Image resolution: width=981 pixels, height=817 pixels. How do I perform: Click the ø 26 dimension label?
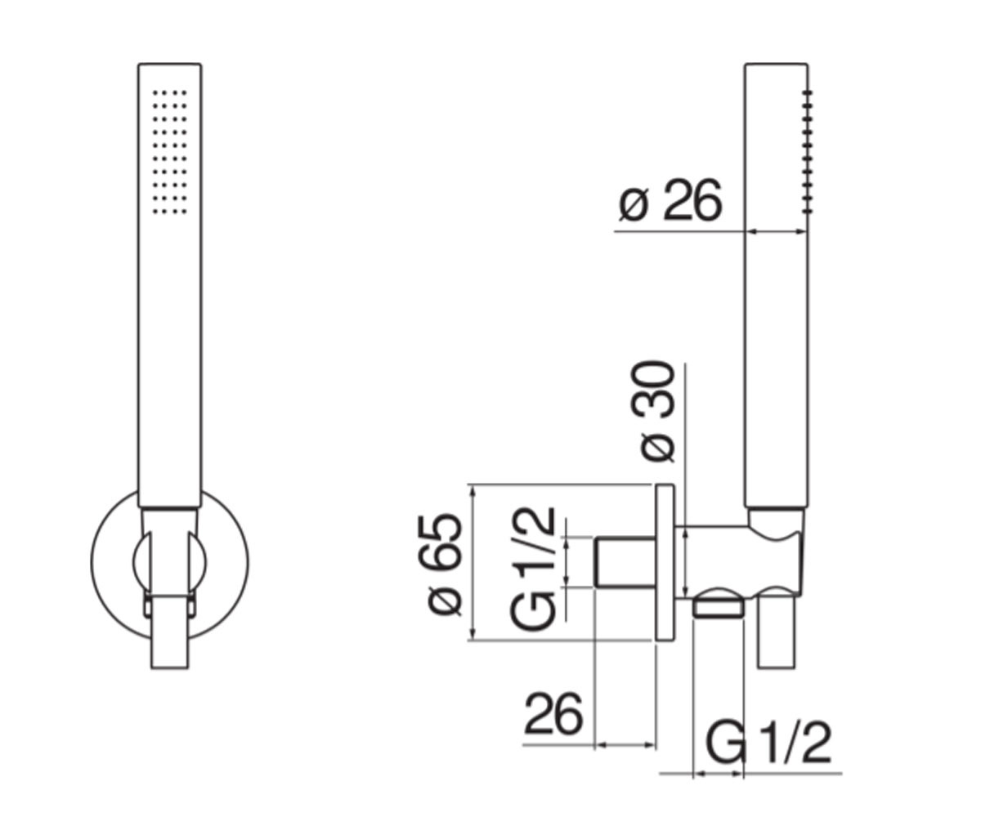click(x=670, y=200)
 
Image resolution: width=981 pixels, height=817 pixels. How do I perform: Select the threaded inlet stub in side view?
click(x=625, y=563)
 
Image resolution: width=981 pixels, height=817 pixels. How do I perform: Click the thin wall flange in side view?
click(x=665, y=561)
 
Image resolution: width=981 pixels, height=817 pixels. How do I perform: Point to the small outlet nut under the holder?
click(x=719, y=611)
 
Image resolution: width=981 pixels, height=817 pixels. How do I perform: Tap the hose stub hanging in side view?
click(x=777, y=633)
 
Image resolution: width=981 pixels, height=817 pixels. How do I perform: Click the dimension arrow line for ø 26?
click(x=776, y=231)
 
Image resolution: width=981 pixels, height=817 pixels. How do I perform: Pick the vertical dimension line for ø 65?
click(x=474, y=563)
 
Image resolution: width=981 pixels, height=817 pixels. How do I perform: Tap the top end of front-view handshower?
click(x=169, y=64)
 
